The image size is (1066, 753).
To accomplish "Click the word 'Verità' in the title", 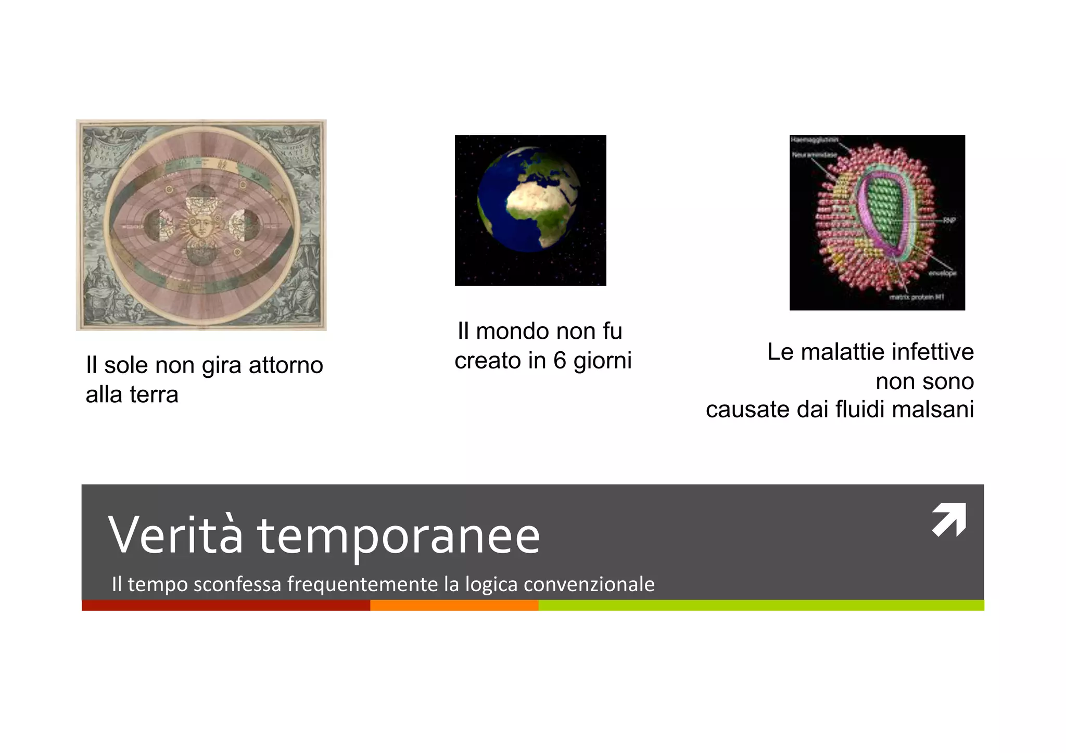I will pos(175,535).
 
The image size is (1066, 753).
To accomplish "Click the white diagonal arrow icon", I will pos(948,519).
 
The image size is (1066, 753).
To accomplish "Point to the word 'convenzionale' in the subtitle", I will pos(589,584).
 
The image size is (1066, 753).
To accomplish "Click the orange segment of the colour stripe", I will pos(454,605).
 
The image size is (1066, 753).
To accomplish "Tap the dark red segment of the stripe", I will pos(225,605).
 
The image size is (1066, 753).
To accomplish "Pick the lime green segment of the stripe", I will pos(760,605).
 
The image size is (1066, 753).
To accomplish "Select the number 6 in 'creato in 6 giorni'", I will pos(560,361).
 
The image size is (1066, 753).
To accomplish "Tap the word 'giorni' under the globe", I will pos(602,361).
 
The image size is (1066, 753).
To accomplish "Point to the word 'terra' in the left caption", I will pos(154,395).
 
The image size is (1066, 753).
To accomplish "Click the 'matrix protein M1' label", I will pos(917,297).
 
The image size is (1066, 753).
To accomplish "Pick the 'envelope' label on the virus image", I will pos(942,273).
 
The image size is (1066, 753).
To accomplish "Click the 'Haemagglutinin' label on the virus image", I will pos(815,139).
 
